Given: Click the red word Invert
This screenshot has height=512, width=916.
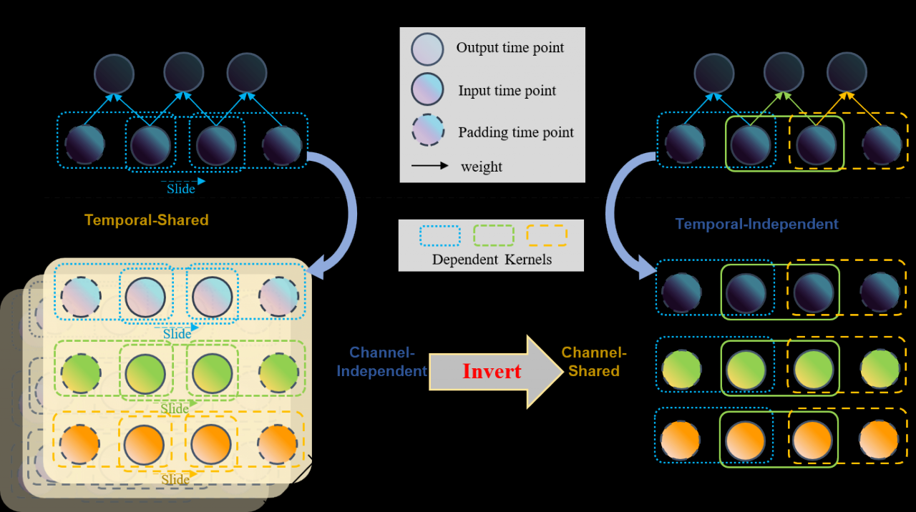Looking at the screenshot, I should pyautogui.click(x=492, y=371).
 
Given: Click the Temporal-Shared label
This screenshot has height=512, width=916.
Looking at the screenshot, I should pyautogui.click(x=147, y=220).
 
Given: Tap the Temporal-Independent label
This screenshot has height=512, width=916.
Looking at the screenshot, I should pyautogui.click(x=756, y=224).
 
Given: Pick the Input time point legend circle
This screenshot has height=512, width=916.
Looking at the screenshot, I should pyautogui.click(x=428, y=90).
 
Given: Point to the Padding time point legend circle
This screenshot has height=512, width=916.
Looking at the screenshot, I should pyautogui.click(x=428, y=131).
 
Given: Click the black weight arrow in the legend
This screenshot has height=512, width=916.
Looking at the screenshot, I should pyautogui.click(x=429, y=166).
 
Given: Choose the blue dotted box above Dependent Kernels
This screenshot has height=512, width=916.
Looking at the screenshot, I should pyautogui.click(x=439, y=236).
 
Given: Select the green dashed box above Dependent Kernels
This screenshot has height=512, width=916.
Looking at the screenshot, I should pyautogui.click(x=494, y=236).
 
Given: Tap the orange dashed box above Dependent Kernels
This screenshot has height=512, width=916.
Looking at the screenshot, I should pyautogui.click(x=547, y=236).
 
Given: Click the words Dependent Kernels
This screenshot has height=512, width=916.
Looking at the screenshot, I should pyautogui.click(x=492, y=260).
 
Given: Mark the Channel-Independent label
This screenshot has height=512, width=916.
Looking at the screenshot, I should pyautogui.click(x=381, y=362).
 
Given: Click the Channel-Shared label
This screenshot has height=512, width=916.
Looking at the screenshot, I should pyautogui.click(x=594, y=362).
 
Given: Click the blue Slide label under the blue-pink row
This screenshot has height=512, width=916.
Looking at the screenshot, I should pyautogui.click(x=177, y=334).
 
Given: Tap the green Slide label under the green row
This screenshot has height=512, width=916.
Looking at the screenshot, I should pyautogui.click(x=174, y=408).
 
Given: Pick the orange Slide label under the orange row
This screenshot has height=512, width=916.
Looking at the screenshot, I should pyautogui.click(x=175, y=479).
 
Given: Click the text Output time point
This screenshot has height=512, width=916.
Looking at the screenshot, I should pyautogui.click(x=510, y=48).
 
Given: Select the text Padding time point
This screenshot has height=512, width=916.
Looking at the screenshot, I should pyautogui.click(x=515, y=132).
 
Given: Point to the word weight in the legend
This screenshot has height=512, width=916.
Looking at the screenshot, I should pyautogui.click(x=481, y=167).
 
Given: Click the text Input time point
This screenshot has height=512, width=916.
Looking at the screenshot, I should pyautogui.click(x=507, y=91).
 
